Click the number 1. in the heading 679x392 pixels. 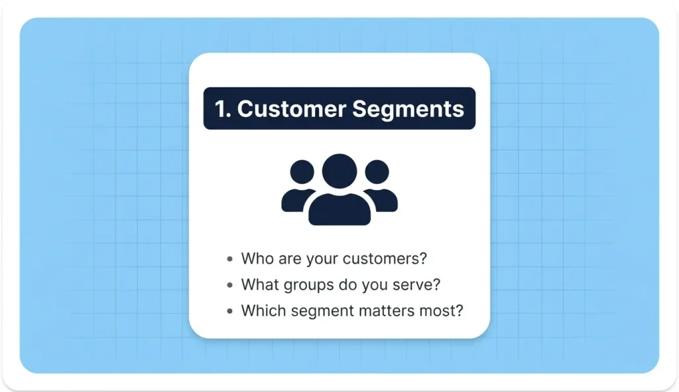[x=222, y=109]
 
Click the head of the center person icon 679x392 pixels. [x=339, y=171]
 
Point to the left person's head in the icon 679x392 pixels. [x=302, y=172]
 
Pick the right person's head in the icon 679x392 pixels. [x=377, y=172]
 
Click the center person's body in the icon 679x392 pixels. [x=339, y=209]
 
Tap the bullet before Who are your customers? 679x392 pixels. [x=229, y=259]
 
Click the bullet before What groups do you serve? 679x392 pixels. [x=229, y=285]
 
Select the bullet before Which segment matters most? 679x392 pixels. [x=229, y=311]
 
